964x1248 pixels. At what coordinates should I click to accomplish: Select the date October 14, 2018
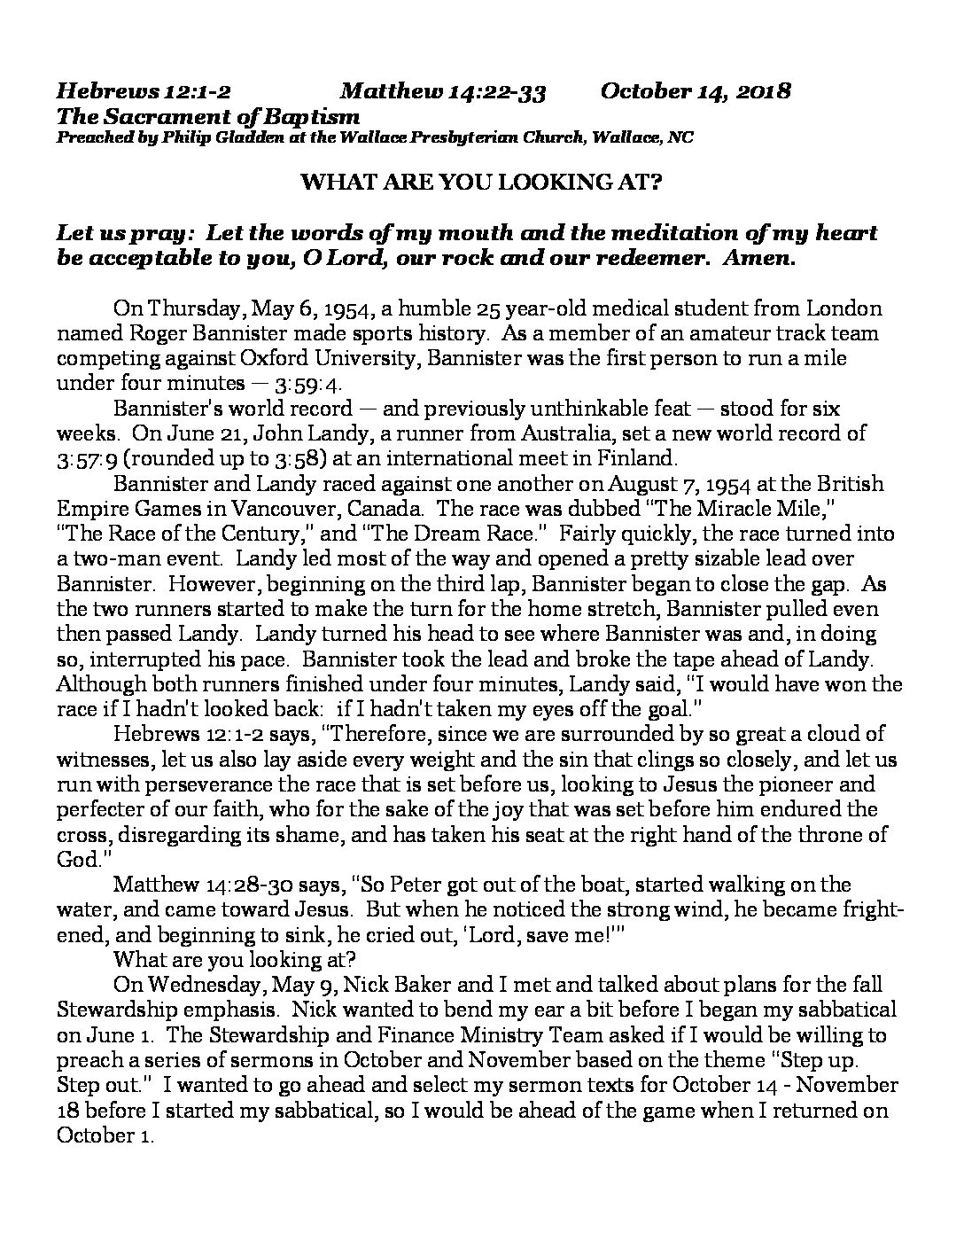click(696, 91)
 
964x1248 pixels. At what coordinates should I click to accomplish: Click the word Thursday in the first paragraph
click(193, 309)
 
